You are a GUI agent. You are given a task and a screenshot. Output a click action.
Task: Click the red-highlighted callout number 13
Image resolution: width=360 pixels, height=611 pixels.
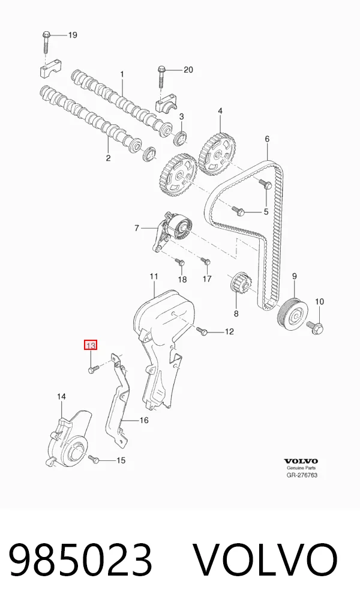(91, 345)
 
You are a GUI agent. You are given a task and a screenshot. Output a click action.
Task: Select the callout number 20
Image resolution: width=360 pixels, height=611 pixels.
(188, 70)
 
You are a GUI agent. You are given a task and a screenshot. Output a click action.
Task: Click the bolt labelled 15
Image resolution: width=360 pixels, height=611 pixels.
(94, 459)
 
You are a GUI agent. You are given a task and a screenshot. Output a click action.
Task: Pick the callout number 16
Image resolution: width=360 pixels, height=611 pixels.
(144, 420)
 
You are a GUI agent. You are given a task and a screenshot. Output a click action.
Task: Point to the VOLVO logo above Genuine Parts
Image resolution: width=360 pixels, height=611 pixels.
(301, 462)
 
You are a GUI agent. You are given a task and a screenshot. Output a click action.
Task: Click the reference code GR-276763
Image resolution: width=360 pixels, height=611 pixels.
(302, 475)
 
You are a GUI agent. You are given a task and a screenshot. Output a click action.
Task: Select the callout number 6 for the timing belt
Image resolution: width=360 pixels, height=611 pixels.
(267, 139)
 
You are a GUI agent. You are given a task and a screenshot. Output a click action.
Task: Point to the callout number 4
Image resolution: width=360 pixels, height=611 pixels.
(220, 111)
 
